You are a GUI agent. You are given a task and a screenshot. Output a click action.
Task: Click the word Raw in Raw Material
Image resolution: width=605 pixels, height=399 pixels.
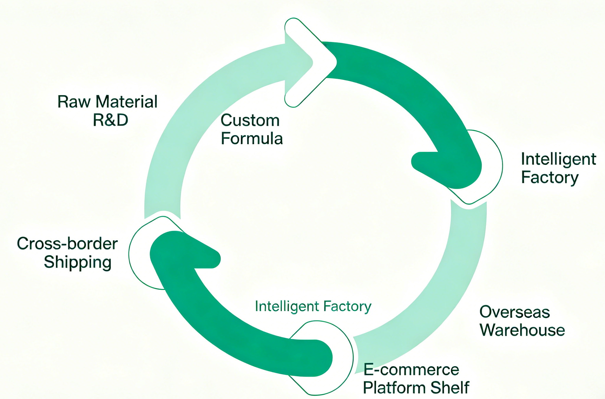click(x=74, y=102)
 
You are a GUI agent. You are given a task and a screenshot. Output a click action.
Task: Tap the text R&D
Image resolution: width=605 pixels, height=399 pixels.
click(x=110, y=120)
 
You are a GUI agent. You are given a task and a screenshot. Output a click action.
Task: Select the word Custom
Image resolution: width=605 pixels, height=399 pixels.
click(x=250, y=120)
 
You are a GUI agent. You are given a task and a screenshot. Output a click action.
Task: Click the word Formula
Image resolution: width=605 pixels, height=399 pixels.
click(x=252, y=138)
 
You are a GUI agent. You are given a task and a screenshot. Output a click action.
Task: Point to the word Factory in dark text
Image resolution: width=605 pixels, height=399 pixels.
click(x=550, y=177)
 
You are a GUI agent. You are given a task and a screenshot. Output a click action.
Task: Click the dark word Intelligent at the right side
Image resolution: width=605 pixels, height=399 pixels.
click(x=558, y=159)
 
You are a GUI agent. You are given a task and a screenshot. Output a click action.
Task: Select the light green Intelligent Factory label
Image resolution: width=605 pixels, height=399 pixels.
click(x=313, y=306)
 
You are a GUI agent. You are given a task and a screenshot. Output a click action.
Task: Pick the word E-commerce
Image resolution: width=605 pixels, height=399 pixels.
click(x=411, y=370)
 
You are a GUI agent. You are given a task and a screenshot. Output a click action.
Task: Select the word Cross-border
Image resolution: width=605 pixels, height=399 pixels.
click(x=67, y=244)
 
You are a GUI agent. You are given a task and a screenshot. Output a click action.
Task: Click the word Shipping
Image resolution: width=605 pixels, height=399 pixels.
click(x=78, y=262)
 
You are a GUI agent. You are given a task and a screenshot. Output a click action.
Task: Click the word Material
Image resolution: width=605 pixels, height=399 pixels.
click(x=126, y=102)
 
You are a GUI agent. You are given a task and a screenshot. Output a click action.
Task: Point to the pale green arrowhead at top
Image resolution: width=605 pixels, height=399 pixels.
click(x=298, y=62)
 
